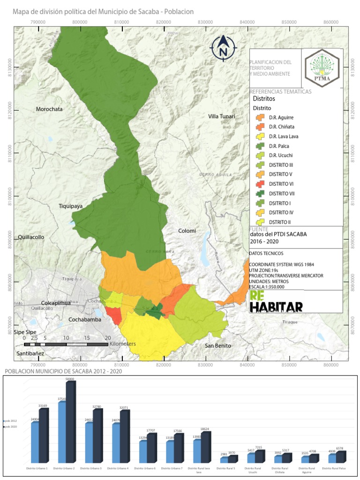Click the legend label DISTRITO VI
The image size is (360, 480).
[x=281, y=184]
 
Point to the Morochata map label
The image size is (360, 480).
[x=49, y=109]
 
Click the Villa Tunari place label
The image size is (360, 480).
[x=222, y=116]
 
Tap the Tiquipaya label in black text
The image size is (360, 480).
[x=71, y=206]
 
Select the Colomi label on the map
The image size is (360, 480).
[x=187, y=231]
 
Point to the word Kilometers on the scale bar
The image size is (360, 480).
[x=122, y=344]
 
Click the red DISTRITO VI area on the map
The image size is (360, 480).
[x=114, y=315]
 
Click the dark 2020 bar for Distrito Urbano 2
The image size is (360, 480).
[x=70, y=422]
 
